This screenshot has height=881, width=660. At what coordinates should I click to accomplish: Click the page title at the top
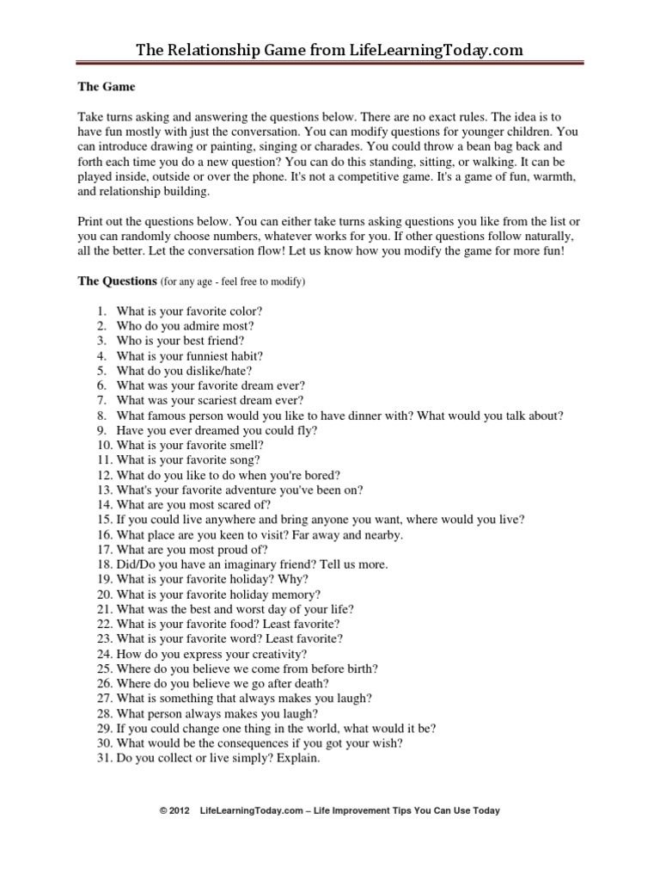click(x=329, y=51)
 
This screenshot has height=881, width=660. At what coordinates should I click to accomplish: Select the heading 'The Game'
click(x=107, y=87)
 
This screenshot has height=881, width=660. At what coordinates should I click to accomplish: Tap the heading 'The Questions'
click(x=117, y=280)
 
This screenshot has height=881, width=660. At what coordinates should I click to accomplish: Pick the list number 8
click(x=101, y=416)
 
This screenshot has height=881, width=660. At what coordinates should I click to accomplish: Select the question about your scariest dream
click(x=211, y=401)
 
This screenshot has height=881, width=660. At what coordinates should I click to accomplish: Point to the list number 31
click(x=103, y=758)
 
